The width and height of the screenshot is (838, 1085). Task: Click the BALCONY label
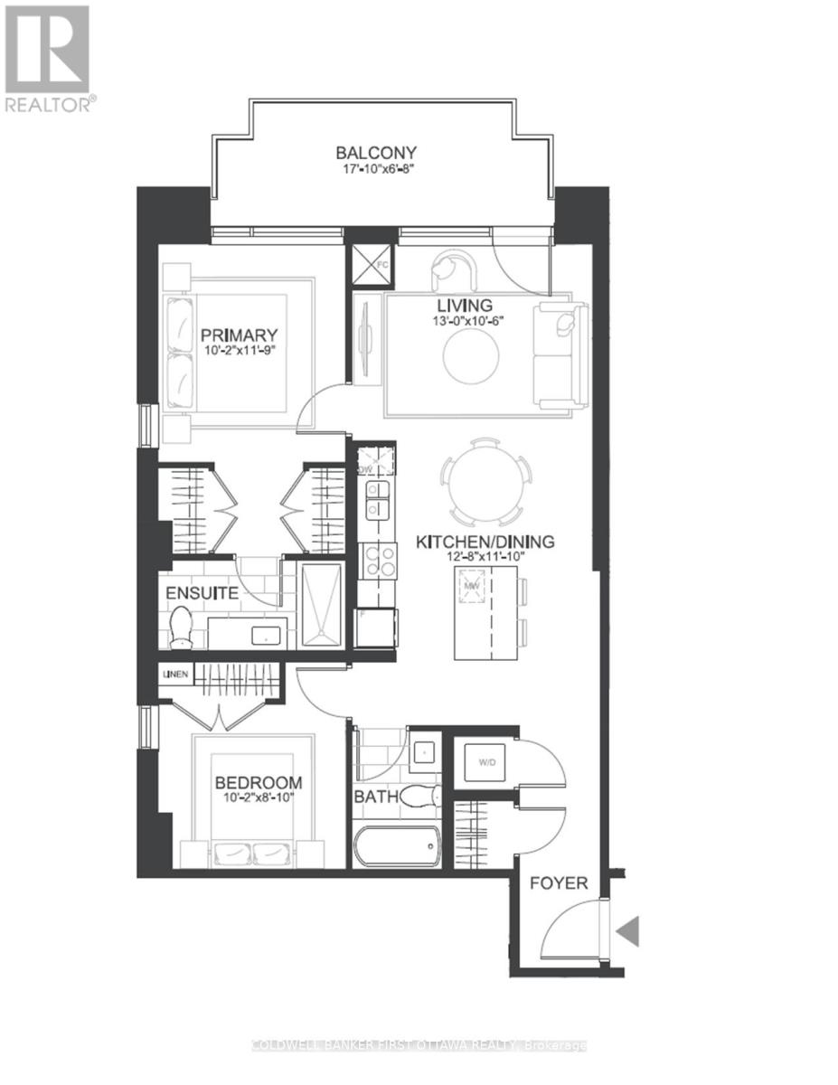[x=376, y=153]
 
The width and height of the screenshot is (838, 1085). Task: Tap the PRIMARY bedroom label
[x=239, y=335]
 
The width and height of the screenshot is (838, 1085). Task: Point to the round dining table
[x=485, y=482]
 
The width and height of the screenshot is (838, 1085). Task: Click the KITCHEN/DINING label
[x=485, y=542]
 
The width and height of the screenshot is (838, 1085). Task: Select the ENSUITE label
[x=201, y=594]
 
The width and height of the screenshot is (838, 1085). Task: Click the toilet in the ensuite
[x=182, y=627]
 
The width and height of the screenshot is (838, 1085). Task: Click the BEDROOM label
[x=258, y=782]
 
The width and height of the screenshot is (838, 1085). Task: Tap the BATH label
[x=373, y=798]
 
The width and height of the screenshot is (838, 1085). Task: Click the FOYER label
[x=558, y=882]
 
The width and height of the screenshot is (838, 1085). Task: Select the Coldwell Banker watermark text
[x=418, y=1046]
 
